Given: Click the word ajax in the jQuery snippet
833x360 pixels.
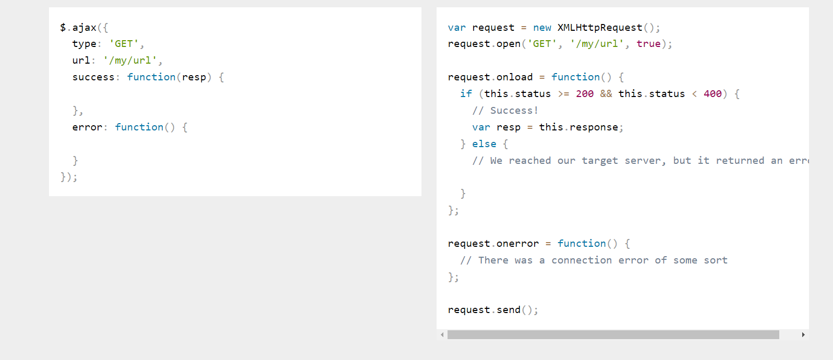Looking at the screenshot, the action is coord(84,28).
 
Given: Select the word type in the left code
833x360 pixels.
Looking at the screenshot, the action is coord(84,44).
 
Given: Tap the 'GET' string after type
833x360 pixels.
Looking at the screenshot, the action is coord(124,44).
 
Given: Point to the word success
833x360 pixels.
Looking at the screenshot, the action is coord(93,77).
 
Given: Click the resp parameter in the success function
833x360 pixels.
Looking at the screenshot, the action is coord(194,77).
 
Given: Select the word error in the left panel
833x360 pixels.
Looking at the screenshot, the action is coord(87,127).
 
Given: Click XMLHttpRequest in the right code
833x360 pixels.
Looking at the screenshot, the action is coord(600,28).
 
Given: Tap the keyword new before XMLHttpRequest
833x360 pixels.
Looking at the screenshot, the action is coord(542,28).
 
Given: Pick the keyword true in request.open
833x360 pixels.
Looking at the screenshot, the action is coord(648,44).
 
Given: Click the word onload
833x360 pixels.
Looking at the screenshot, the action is coord(515,77).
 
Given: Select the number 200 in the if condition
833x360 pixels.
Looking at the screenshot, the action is coord(585,94).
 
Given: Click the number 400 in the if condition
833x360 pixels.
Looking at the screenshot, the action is coord(713,94).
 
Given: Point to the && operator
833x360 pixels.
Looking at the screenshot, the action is coord(606,94).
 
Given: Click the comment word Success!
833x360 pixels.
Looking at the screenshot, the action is coord(514,111).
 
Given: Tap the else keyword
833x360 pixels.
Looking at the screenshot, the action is coord(484,144).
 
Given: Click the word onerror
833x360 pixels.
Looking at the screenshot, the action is coord(517,244).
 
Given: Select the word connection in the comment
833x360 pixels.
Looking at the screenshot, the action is coord(582,260).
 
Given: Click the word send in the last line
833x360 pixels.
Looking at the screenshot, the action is coord(509,310).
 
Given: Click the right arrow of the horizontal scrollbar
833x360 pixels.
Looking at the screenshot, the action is coord(803,335).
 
